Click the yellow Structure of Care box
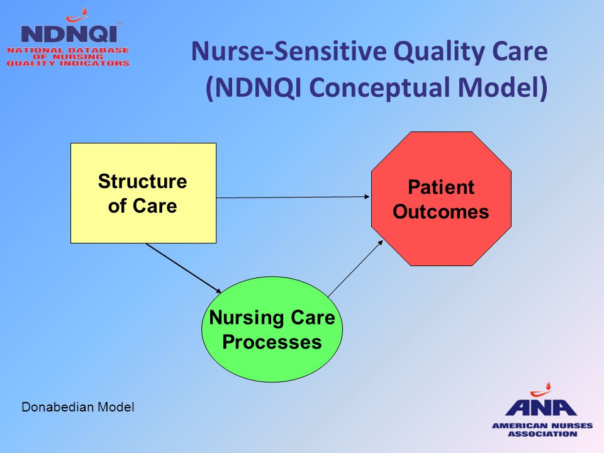point(143,193)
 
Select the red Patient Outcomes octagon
point(441,199)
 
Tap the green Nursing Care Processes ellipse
point(272,329)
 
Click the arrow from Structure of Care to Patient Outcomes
point(293,197)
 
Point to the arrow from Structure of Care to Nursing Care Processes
point(184,268)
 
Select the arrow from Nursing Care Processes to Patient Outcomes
point(355,268)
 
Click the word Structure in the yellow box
point(143,181)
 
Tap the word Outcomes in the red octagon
point(440,212)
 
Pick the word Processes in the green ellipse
point(272,342)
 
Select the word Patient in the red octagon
point(441,187)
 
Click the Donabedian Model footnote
point(78,407)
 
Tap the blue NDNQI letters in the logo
point(69,34)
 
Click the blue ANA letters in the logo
point(541,407)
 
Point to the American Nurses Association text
point(542,430)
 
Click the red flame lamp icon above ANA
point(542,389)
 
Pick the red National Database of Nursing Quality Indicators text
point(68,57)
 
